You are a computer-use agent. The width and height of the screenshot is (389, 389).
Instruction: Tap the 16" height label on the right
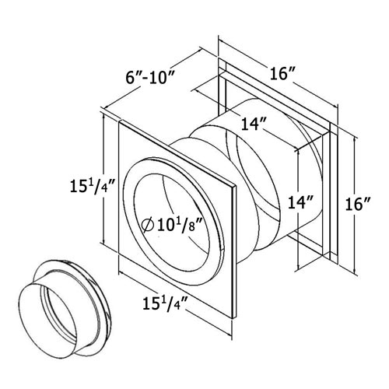356,204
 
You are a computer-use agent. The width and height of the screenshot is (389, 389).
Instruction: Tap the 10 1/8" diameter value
181,226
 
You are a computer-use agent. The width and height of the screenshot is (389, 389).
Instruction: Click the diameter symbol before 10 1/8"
149,226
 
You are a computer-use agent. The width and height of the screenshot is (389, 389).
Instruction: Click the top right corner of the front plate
234,187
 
